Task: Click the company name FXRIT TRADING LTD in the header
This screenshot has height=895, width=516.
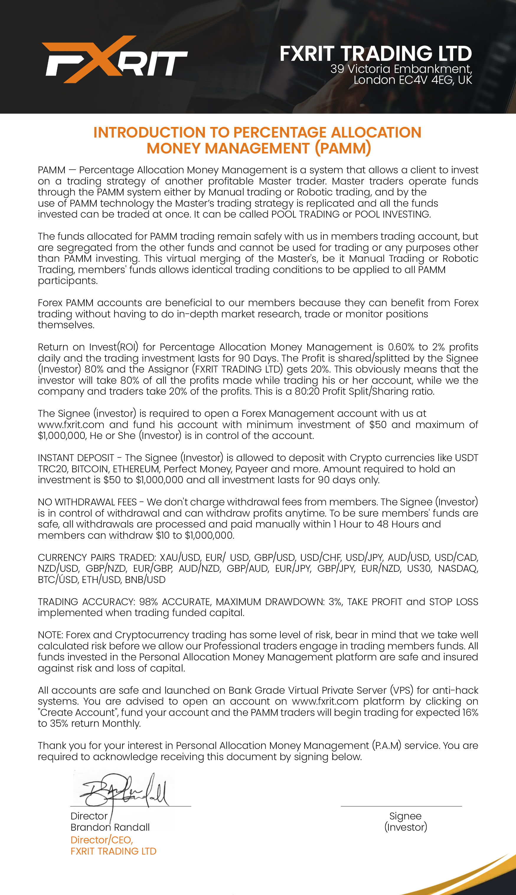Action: click(x=376, y=53)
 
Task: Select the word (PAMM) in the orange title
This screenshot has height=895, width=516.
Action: click(x=343, y=148)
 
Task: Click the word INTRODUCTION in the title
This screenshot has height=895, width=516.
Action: click(x=149, y=133)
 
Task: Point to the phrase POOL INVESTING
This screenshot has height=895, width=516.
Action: click(x=393, y=214)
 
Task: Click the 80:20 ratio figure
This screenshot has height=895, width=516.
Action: click(x=307, y=391)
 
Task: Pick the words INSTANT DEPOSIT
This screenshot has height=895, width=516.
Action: click(x=76, y=458)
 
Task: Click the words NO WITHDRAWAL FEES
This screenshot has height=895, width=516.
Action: click(x=87, y=502)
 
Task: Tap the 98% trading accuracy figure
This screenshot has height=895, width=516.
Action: click(x=148, y=602)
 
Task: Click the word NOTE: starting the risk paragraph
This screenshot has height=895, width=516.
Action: click(x=50, y=635)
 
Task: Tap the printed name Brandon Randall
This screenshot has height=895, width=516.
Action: click(x=110, y=827)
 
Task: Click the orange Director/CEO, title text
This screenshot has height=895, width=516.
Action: click(x=102, y=840)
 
